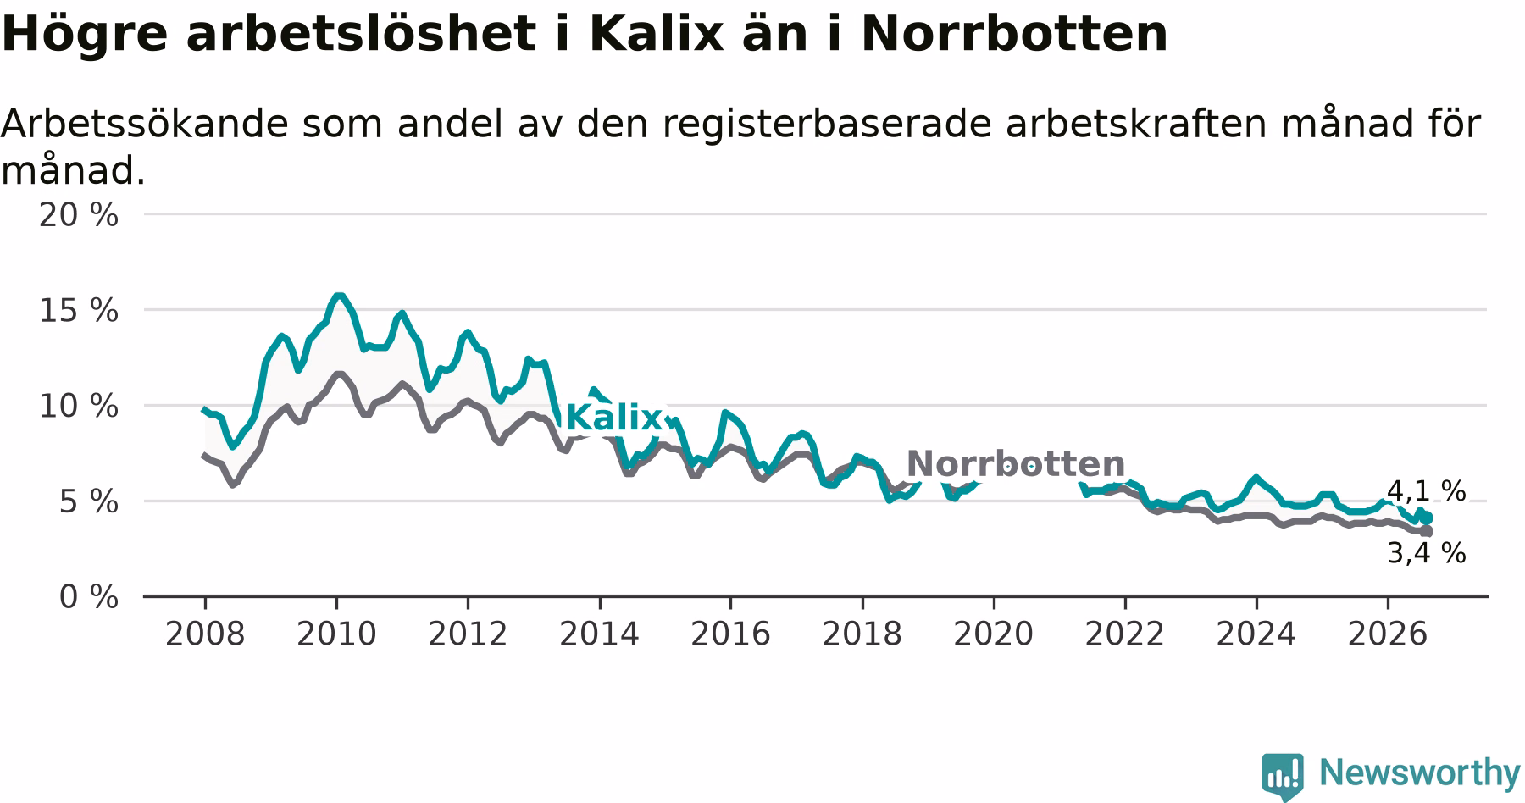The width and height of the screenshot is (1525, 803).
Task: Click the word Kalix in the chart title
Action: coord(656,34)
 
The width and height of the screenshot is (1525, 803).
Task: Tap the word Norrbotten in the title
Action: coord(1014,34)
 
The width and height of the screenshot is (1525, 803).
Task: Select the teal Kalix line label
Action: coord(613,418)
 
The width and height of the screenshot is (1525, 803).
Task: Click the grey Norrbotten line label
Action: coord(1015,463)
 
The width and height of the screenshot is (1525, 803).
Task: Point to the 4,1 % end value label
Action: coord(1426,490)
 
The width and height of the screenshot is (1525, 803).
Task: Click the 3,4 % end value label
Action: coord(1426,553)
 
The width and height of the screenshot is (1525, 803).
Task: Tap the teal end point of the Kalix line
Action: coord(1427,518)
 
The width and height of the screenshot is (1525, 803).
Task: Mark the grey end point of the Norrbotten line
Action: coord(1427,531)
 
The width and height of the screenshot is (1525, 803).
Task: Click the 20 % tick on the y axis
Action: coord(79,215)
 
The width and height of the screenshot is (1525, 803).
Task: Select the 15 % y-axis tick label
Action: coord(79,311)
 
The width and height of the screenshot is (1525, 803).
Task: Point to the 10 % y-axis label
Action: coord(79,407)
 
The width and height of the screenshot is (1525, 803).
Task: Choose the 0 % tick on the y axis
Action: coord(88,597)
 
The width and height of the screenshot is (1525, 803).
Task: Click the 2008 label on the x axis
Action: coord(205,634)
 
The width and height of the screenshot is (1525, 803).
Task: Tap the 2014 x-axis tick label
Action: coord(599,634)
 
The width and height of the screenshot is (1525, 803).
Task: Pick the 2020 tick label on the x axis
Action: coord(994,634)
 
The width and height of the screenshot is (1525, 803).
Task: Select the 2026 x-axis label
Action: coord(1388,634)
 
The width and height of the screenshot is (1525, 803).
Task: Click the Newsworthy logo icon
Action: coord(1283,775)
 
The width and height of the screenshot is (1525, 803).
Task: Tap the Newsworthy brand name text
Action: coord(1420,773)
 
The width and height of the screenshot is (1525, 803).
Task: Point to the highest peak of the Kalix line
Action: coord(339,296)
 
